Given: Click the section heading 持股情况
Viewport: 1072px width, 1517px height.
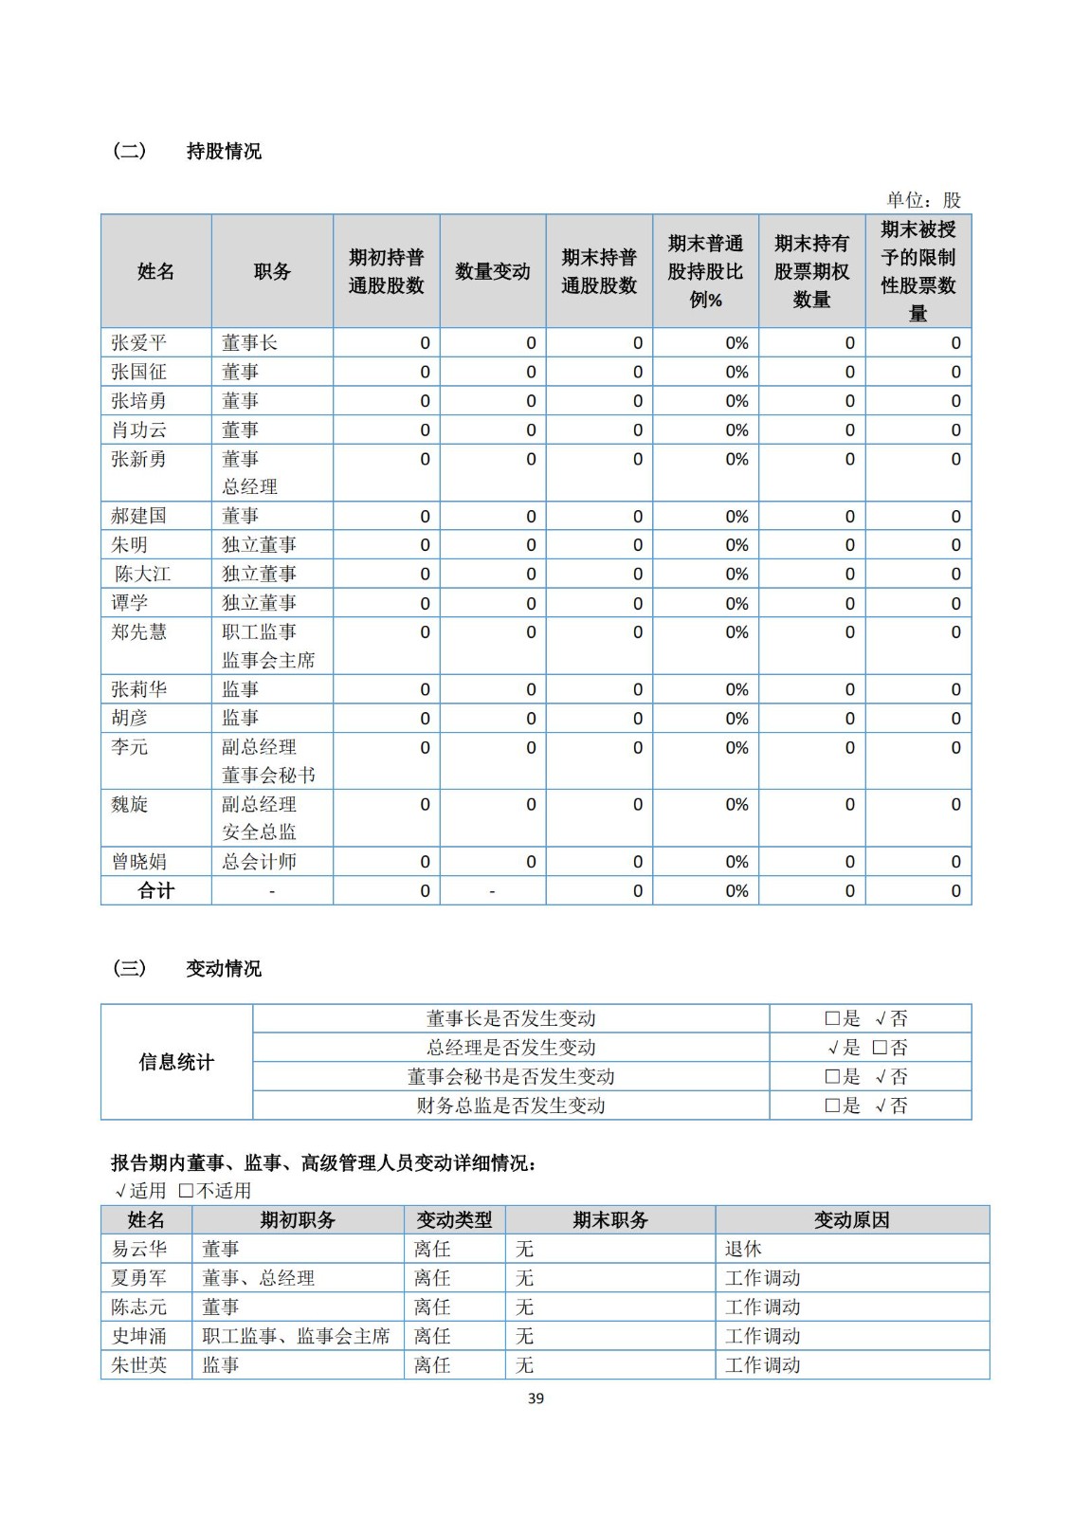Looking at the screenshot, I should point(224,152).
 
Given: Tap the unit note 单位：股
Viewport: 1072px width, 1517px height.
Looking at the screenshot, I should point(923,200).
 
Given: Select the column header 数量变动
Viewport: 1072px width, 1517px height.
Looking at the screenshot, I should point(492,272).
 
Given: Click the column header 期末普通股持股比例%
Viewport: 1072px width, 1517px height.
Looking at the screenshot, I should point(705,272).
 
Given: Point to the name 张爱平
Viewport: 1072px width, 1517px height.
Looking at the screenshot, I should point(138,343).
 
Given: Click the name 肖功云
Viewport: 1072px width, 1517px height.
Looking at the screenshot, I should point(138,430).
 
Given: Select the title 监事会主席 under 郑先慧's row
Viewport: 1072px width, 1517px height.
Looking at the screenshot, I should point(268,661).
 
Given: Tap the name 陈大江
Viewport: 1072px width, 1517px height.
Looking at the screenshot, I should point(142,575).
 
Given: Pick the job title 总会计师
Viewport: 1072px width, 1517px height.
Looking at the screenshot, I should point(259,862).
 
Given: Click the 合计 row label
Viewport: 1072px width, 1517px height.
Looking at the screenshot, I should point(156,891).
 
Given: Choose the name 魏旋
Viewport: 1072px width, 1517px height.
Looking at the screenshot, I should point(130,805).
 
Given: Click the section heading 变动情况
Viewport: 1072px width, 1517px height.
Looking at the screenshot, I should point(224,969).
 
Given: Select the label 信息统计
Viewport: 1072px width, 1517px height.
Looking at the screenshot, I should point(176,1062).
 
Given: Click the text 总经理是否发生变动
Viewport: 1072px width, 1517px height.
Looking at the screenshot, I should point(511,1048).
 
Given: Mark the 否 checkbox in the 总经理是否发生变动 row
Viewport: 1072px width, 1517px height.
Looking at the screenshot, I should point(879,1048).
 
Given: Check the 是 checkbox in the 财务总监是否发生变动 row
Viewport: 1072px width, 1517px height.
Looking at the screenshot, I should point(832,1106).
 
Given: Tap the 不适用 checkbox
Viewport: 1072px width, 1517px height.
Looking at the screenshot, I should point(186,1191).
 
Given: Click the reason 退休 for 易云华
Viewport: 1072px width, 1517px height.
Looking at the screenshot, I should point(743,1249).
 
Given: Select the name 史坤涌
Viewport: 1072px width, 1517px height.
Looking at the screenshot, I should point(138,1336).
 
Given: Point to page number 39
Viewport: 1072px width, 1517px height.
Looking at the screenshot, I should point(536,1398).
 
